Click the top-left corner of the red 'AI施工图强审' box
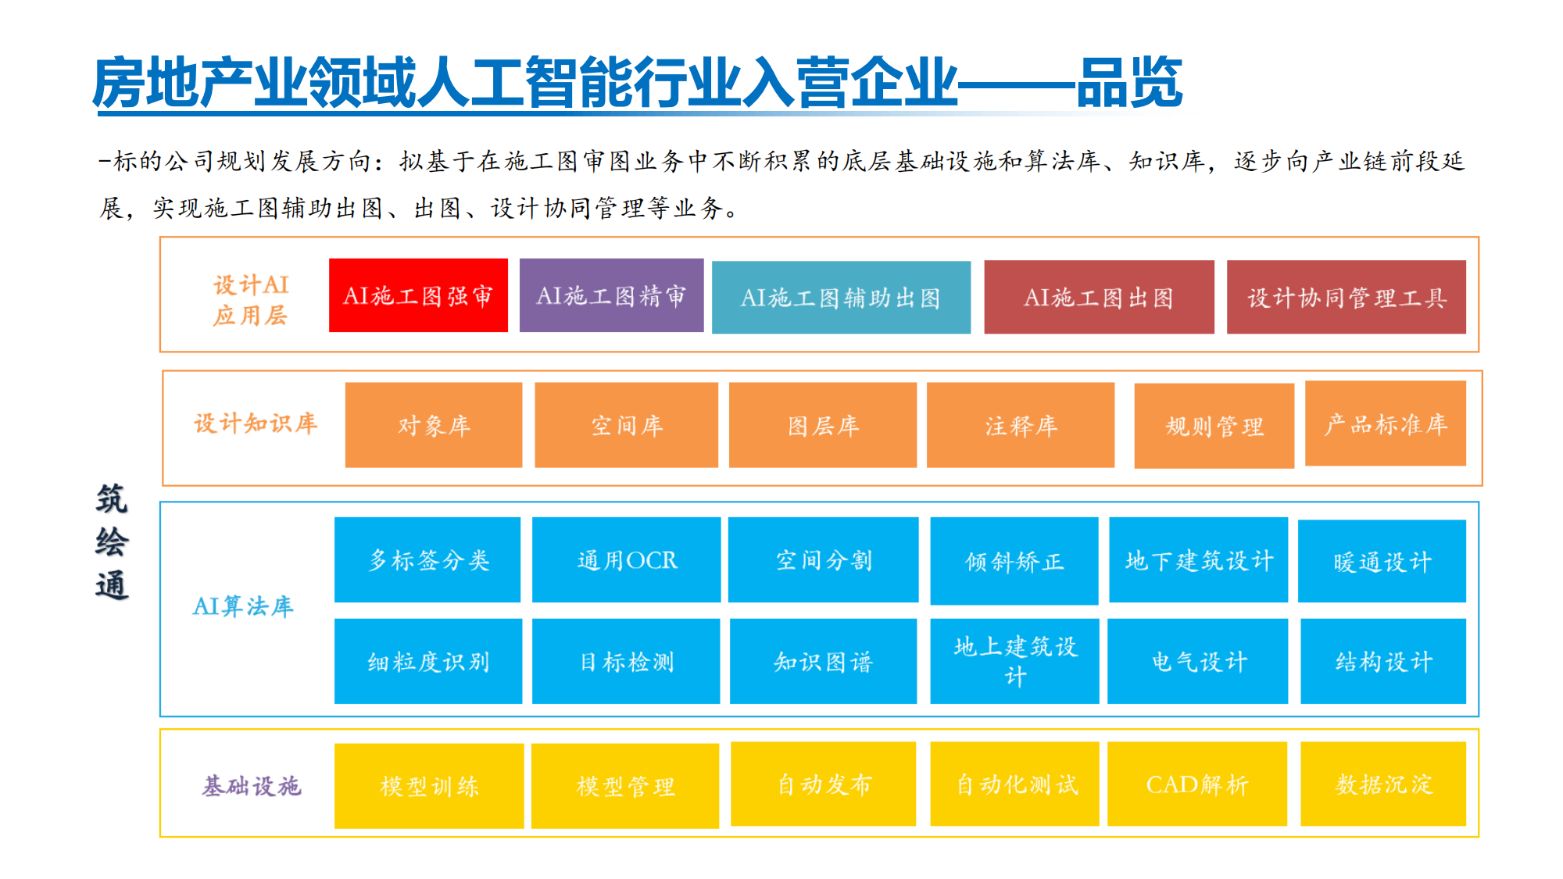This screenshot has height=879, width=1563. coord(329,259)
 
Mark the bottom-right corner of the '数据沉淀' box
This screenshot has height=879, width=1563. coord(1466,826)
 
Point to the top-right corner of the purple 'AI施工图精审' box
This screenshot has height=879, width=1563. coord(703,259)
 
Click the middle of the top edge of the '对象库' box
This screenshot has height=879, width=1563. coord(434,382)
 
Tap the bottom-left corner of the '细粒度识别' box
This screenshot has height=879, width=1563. coord(334,704)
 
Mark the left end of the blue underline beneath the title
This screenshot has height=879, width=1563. coord(97,114)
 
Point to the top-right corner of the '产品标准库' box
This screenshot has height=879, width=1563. coord(1466,381)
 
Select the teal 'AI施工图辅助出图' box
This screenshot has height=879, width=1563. coord(841,298)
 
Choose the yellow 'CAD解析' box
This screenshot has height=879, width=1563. coord(1197,784)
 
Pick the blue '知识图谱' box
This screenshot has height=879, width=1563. coord(823,661)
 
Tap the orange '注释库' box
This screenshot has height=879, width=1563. coord(1021,425)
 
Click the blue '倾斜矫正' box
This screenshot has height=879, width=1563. coord(1014,561)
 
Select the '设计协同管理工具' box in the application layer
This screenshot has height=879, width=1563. coord(1347,297)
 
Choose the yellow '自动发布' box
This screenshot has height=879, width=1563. coord(823,784)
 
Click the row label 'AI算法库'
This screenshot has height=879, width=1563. coord(243,606)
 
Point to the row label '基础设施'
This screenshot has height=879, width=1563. coord(252,785)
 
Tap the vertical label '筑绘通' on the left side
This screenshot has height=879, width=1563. coord(112,541)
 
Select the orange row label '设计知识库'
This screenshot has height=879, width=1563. coord(256,423)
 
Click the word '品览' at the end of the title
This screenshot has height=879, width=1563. coord(1130,82)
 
